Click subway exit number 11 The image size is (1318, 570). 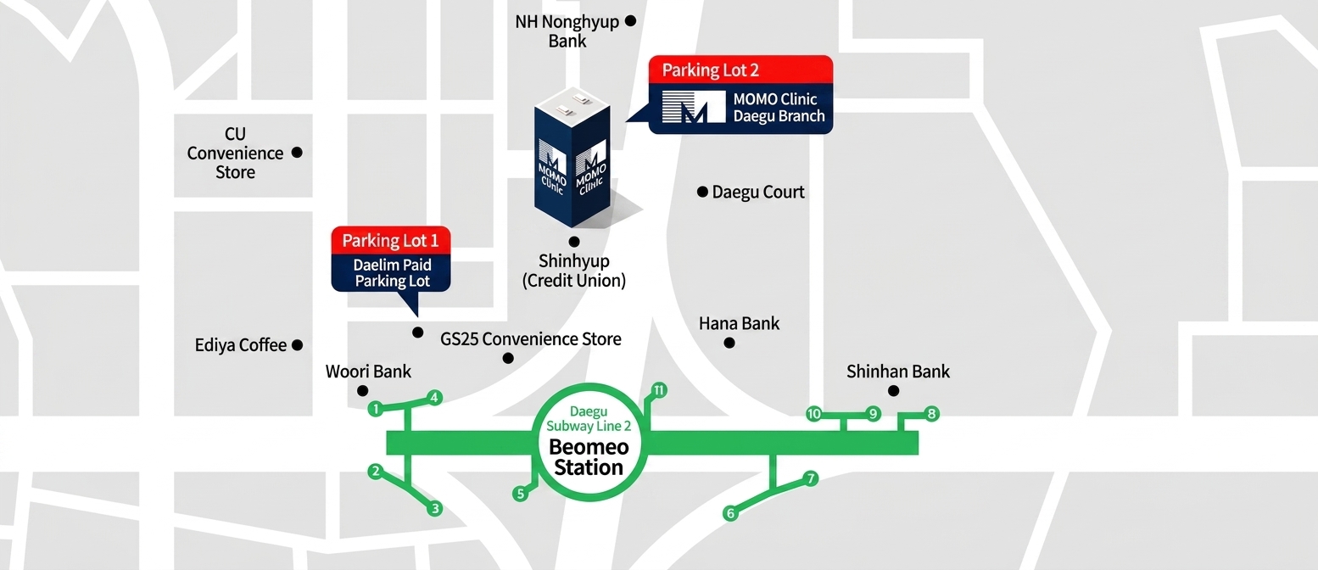[658, 390]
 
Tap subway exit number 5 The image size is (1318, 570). [520, 494]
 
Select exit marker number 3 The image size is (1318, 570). [435, 508]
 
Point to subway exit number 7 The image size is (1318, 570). [811, 478]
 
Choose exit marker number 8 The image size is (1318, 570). [931, 414]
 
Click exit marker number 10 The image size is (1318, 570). [813, 414]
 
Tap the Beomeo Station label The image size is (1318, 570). [589, 457]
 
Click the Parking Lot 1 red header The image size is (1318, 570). [391, 241]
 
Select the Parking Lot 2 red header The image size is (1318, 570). [740, 70]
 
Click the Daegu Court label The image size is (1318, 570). [758, 192]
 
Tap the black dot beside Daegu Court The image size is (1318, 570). [702, 192]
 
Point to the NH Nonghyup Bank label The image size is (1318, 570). [567, 31]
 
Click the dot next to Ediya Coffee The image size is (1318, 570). [297, 344]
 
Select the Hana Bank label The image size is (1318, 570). [739, 323]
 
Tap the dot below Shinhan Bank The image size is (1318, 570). [893, 390]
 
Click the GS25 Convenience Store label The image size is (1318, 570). [531, 338]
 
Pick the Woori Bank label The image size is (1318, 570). [368, 372]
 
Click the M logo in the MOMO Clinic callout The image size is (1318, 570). [694, 107]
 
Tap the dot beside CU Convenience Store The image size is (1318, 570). [297, 153]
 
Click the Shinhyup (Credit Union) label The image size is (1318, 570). [573, 271]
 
